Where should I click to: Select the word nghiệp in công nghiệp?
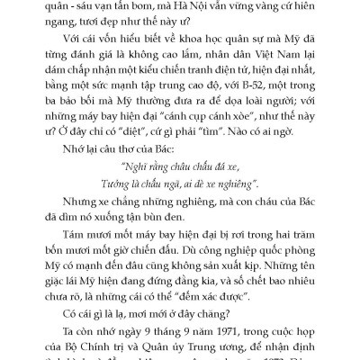(197, 275)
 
